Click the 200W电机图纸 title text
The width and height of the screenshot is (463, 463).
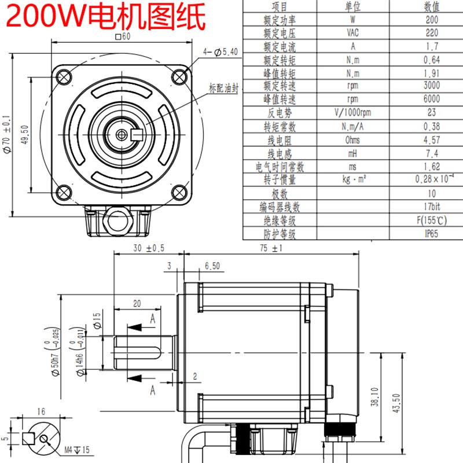pos(106,18)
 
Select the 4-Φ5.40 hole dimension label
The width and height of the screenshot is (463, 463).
pos(221,52)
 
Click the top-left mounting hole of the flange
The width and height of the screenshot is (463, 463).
pos(64,76)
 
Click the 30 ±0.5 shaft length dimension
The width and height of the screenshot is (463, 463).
pos(149,248)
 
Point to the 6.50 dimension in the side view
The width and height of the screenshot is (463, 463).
pos(212,267)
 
